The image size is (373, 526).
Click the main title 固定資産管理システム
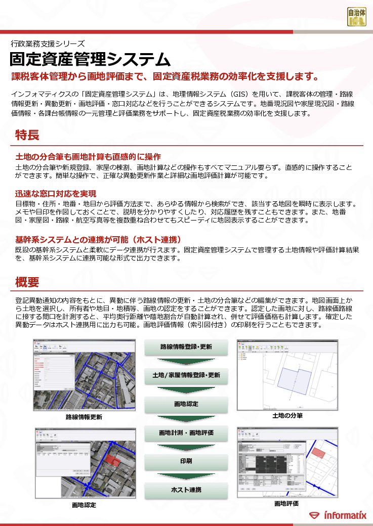tap(90, 59)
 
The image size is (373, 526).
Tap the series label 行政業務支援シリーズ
tap(48, 43)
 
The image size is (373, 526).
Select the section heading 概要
tap(27, 282)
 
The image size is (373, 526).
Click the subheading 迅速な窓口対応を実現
tap(56, 194)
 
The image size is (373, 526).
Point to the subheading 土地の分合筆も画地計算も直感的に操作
tap(88, 156)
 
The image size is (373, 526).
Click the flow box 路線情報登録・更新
tap(186, 347)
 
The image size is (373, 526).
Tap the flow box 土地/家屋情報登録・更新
tap(186, 376)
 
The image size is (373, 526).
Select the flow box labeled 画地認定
tap(186, 405)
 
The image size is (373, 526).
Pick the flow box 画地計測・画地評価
tap(186, 433)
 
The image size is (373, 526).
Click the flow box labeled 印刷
tap(186, 462)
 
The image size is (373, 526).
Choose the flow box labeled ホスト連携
tap(186, 490)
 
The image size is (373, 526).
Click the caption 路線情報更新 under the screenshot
tap(84, 417)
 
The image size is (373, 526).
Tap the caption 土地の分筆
tap(287, 416)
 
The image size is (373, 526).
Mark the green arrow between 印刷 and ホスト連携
tap(186, 476)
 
